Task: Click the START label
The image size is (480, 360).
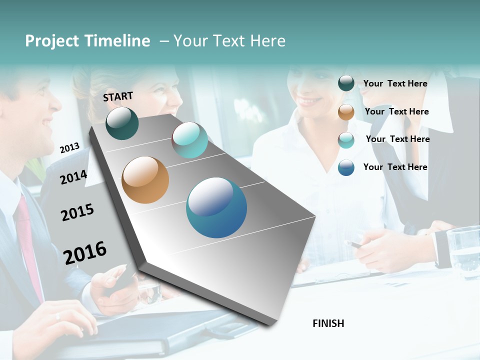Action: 118,96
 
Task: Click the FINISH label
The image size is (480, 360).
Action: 328,323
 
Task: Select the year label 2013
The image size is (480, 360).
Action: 69,147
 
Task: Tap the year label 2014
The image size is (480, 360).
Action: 73,177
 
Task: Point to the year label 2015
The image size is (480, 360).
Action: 77,212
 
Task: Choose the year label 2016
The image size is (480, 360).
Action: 85,252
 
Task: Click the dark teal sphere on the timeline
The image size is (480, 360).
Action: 122,123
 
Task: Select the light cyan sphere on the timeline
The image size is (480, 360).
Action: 189,140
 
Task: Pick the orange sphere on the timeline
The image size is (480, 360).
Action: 145,180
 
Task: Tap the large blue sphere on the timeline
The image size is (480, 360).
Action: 216,208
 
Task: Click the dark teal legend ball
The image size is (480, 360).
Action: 346,83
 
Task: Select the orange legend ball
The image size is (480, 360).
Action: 346,112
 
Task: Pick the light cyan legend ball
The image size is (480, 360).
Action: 346,140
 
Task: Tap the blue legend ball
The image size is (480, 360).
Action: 346,167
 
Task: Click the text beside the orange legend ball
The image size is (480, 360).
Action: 396,111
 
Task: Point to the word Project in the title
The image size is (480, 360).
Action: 52,41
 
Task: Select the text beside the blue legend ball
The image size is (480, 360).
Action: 395,167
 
